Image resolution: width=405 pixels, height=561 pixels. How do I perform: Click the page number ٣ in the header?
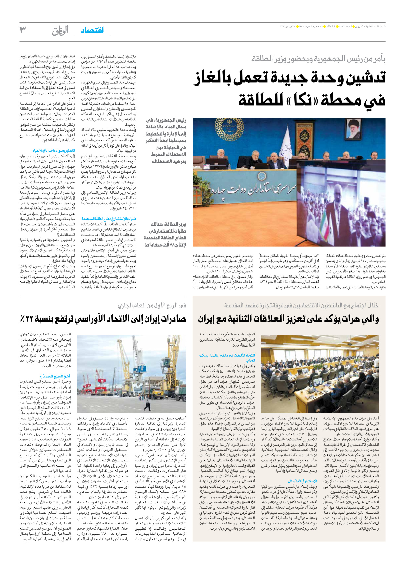[23, 29]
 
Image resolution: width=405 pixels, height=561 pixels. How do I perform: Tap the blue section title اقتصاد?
[92, 30]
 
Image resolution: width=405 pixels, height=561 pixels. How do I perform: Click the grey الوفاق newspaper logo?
[60, 30]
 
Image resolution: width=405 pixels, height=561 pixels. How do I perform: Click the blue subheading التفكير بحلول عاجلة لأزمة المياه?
[53, 151]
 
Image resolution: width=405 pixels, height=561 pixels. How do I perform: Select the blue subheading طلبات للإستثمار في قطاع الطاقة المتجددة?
[109, 219]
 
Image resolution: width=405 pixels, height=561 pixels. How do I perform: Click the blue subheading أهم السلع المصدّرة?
[54, 376]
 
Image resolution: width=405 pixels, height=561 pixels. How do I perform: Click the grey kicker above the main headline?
[317, 59]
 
